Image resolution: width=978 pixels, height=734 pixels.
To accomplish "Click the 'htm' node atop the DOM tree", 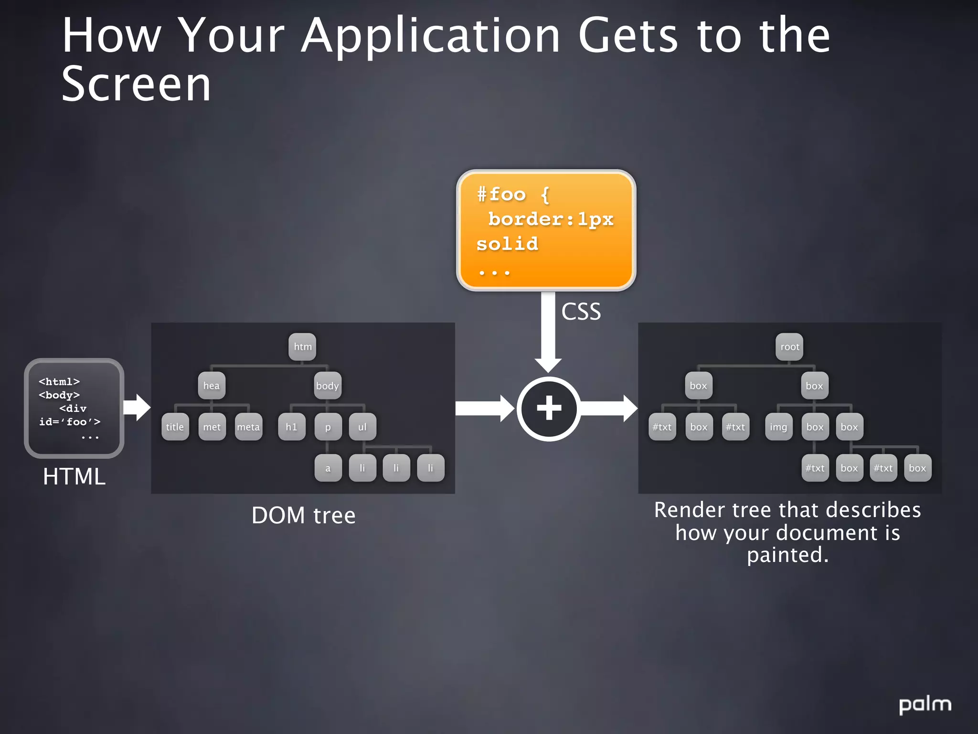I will [302, 347].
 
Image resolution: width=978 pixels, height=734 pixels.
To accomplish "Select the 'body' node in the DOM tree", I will [328, 386].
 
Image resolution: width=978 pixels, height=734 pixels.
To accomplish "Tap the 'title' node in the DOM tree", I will [175, 427].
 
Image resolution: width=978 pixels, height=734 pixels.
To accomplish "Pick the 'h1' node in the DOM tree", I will [291, 427].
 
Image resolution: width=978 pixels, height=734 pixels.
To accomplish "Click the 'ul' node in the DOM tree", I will [362, 427].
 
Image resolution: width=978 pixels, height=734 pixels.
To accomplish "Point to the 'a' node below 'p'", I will [328, 468].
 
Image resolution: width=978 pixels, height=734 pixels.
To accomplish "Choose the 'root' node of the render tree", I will [789, 347].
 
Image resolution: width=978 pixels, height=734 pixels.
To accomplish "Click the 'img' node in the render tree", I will [778, 427].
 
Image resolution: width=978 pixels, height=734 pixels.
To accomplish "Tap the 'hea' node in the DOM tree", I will [212, 386].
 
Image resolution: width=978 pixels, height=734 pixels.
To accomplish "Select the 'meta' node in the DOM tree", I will [248, 427].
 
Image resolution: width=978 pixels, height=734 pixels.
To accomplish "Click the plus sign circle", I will [549, 409].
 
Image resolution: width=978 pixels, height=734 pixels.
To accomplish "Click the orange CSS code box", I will [546, 230].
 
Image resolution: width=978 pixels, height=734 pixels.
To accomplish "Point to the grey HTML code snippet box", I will [74, 408].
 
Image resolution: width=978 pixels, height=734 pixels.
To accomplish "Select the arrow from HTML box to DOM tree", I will [137, 408].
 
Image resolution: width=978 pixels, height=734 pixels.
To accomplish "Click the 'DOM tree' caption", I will [304, 516].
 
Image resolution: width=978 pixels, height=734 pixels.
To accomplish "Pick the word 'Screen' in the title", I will [137, 85].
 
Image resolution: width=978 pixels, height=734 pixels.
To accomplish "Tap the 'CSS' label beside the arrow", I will [581, 312].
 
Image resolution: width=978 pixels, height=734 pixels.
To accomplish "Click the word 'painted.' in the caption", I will [787, 555].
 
